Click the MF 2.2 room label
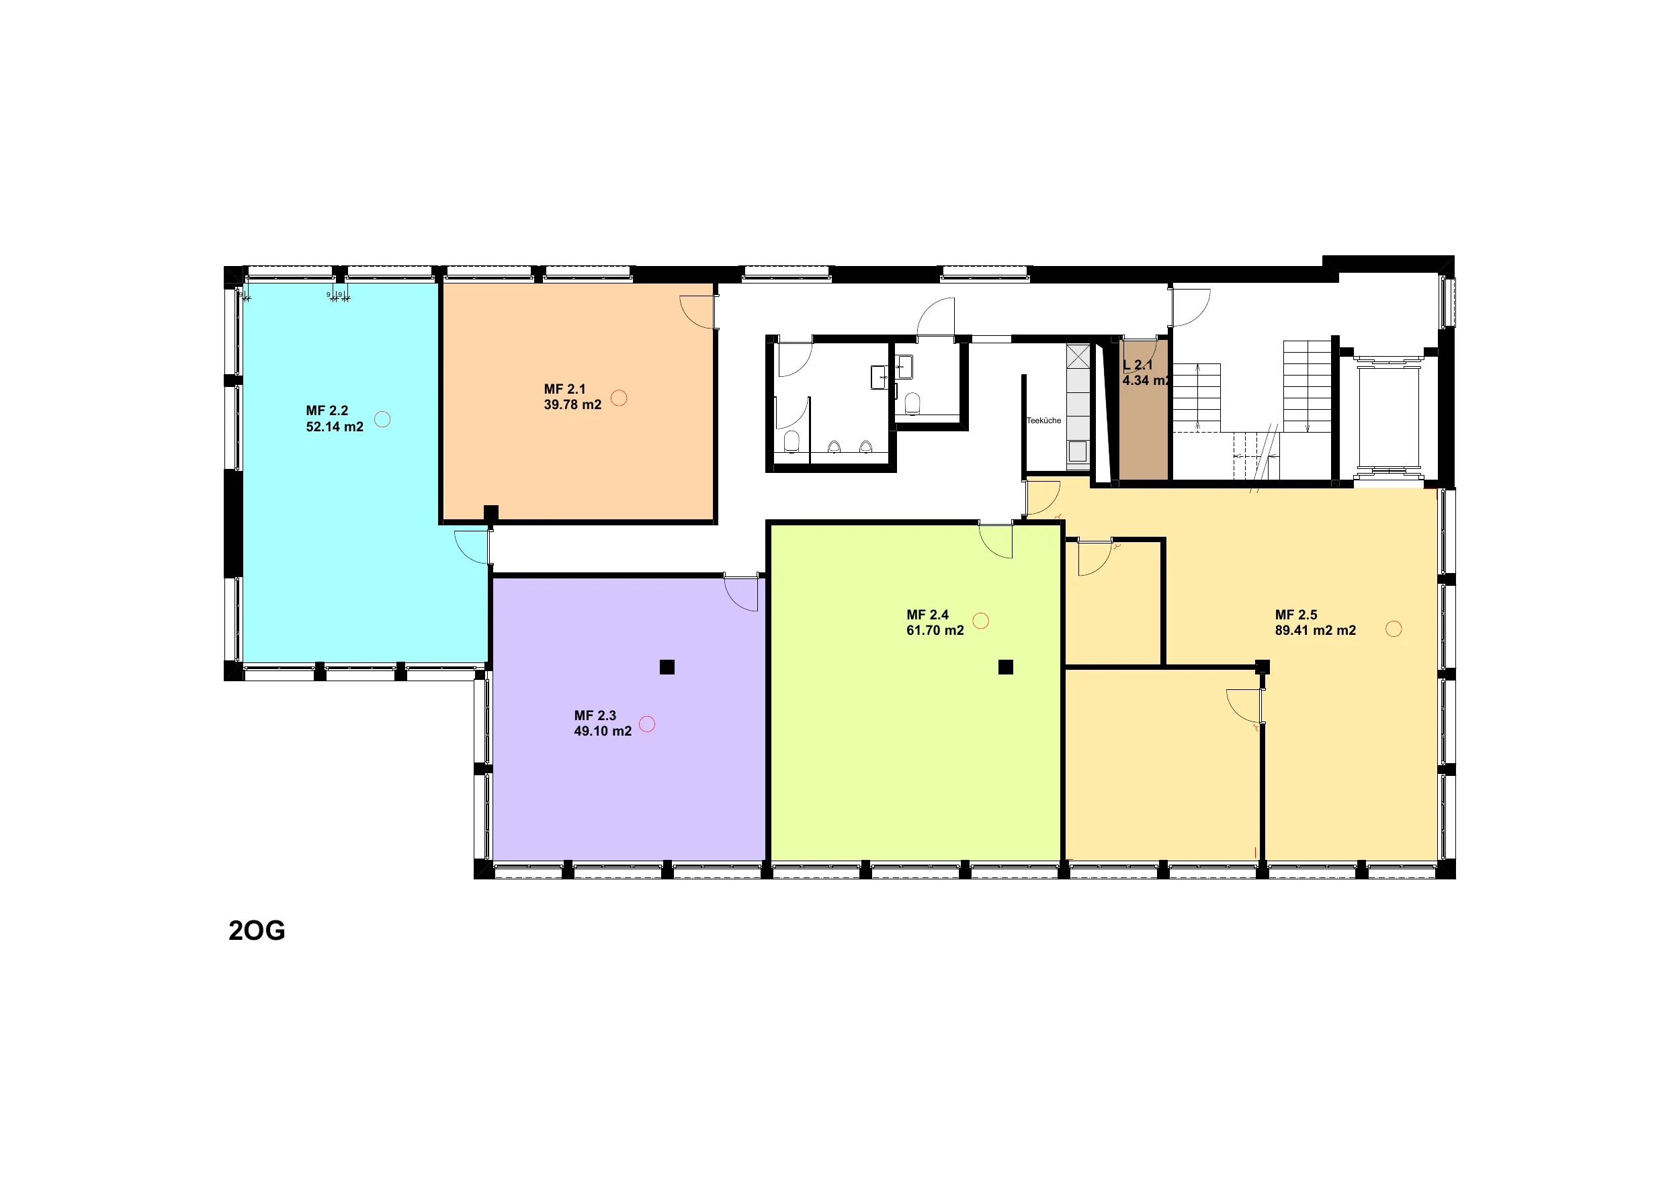tap(327, 411)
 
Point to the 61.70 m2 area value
tap(935, 631)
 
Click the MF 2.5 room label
tap(1296, 615)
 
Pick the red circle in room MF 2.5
tap(1394, 629)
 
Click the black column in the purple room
tap(667, 666)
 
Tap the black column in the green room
tap(1006, 666)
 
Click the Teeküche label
tap(1043, 421)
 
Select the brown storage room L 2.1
tap(1144, 410)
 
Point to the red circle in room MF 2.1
tap(619, 398)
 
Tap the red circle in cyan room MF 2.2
tap(382, 419)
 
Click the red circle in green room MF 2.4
tap(980, 621)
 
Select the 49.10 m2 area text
tap(603, 731)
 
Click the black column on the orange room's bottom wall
tap(490, 513)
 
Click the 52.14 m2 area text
tap(335, 427)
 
